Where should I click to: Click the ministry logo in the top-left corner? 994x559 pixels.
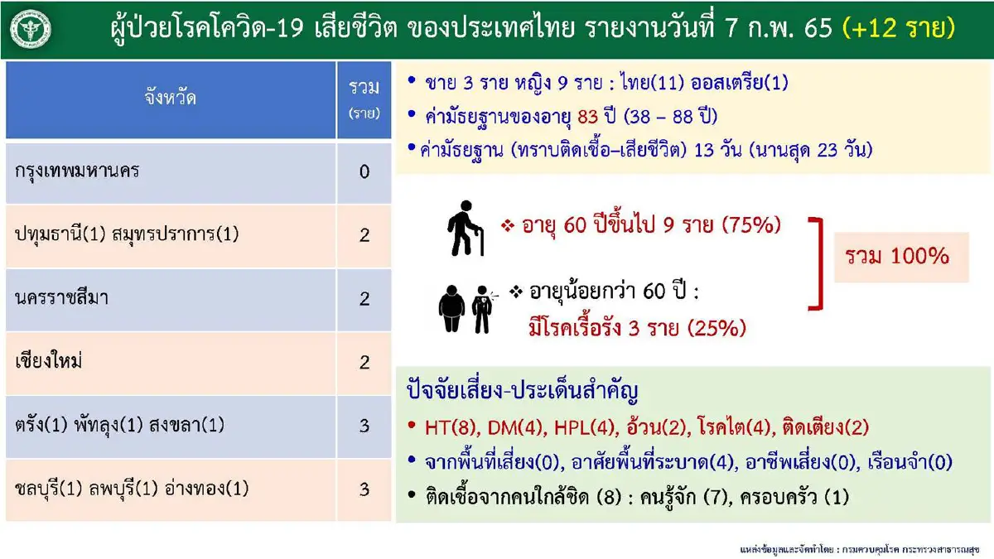31,31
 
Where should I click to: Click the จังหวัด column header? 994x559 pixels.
170,100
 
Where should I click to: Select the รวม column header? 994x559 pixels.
364,99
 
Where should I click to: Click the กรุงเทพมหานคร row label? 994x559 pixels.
77,172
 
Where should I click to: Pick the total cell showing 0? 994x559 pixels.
364,173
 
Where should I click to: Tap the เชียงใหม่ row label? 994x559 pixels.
53,362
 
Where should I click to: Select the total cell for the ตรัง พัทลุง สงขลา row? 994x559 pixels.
364,426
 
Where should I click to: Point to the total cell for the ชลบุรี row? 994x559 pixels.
364,489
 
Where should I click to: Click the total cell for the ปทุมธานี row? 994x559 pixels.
364,235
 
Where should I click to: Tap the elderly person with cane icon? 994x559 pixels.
465,227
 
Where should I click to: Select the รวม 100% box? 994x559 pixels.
901,256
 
